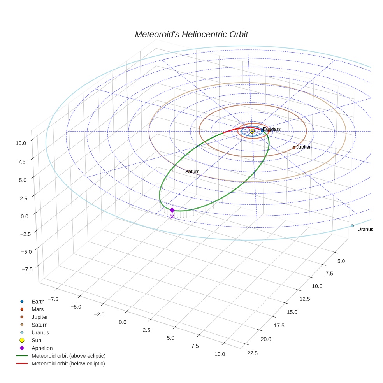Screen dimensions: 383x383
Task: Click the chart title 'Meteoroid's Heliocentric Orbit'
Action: [x=191, y=34]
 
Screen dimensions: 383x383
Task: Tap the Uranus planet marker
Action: [x=352, y=226]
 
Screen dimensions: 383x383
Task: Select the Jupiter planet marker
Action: [x=294, y=148]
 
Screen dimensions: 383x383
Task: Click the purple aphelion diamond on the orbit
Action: [x=172, y=210]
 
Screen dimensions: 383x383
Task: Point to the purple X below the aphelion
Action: [x=172, y=216]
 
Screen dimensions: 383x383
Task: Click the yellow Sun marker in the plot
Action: [x=252, y=131]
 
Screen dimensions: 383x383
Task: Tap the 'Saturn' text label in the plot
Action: [x=193, y=172]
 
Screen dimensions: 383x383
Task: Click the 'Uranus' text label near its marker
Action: [x=365, y=230]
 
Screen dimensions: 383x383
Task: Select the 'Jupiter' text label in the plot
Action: [x=303, y=147]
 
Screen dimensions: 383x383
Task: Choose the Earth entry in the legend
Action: [x=38, y=301]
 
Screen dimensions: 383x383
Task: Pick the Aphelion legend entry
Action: [x=42, y=348]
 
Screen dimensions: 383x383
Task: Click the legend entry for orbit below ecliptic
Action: [x=68, y=364]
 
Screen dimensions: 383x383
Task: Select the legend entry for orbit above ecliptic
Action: [x=69, y=356]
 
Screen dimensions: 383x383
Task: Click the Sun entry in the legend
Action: [x=36, y=340]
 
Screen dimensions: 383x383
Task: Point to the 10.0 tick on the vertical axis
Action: [x=21, y=143]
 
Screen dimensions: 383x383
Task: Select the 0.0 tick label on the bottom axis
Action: [x=123, y=322]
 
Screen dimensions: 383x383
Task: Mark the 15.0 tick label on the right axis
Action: [x=292, y=312]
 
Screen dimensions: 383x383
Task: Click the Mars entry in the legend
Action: [x=37, y=309]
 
